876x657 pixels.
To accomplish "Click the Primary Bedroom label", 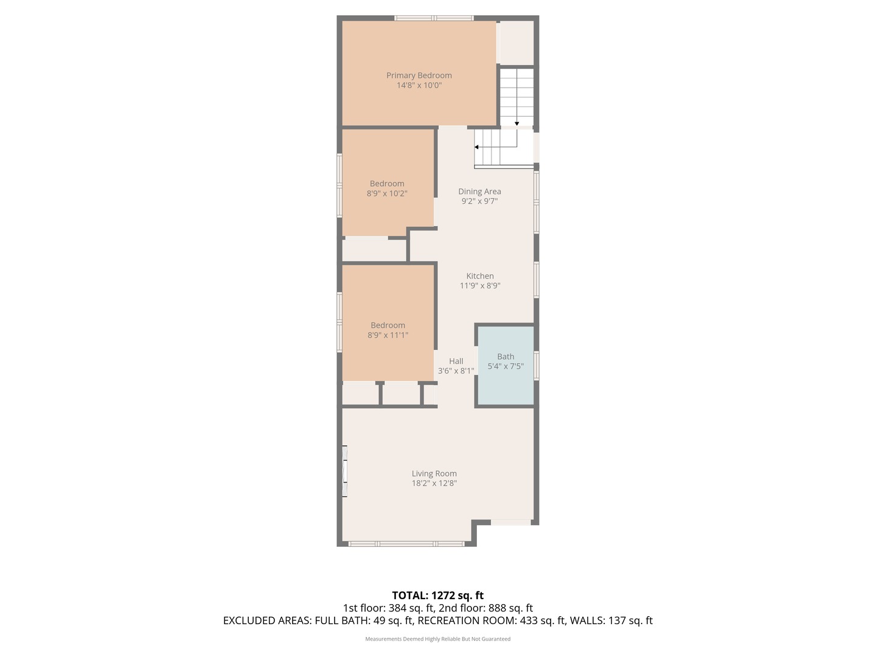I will pos(419,75).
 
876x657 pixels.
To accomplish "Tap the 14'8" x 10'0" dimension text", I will pos(419,86).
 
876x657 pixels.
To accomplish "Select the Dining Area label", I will pos(479,192).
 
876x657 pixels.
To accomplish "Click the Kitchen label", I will pos(479,276).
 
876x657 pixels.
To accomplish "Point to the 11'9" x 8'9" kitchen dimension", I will pos(479,286).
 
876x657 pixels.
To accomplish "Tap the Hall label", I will pos(456,361).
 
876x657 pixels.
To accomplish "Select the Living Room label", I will pos(434,474).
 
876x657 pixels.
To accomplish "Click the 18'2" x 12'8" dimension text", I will pos(434,484).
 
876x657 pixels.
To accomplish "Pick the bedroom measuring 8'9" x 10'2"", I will pos(387,189).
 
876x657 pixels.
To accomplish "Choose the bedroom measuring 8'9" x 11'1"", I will pos(388,330).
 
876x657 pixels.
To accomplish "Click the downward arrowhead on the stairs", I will pos(516,123).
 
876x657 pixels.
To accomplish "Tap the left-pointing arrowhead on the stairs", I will pos(477,147).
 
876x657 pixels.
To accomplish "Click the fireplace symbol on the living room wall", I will pos(344,471).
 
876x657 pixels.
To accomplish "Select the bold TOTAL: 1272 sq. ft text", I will pos(437,596).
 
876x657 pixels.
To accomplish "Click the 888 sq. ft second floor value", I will pos(515,608).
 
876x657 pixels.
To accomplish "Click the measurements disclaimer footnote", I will pos(437,639).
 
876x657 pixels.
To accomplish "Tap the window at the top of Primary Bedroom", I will pos(433,18).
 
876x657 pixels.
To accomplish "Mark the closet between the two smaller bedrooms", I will pos(374,250).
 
